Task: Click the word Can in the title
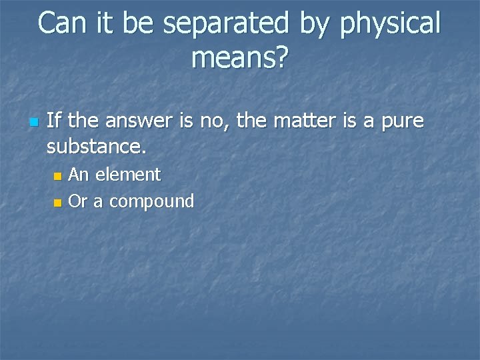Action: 63,24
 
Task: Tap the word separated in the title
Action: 225,24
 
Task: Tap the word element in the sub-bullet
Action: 128,175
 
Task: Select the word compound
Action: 151,201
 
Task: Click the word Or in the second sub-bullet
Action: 78,201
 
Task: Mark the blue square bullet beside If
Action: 33,122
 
